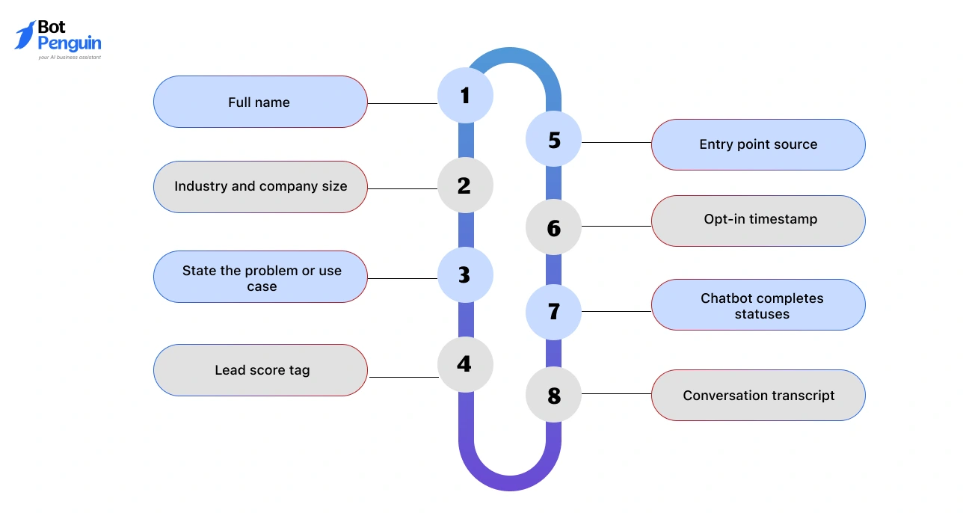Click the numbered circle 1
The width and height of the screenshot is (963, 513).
click(x=465, y=95)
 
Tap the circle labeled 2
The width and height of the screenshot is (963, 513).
click(x=465, y=185)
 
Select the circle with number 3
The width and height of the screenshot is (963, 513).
click(x=465, y=274)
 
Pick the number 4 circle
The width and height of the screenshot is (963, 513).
click(x=465, y=364)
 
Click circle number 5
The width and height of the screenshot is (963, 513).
click(x=553, y=140)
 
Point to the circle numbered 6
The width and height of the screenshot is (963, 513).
click(x=553, y=227)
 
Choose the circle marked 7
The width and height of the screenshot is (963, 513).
click(x=553, y=311)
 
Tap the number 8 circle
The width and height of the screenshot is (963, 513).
click(x=553, y=395)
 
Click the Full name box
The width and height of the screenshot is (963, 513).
click(x=259, y=102)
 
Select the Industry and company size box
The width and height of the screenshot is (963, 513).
click(x=260, y=187)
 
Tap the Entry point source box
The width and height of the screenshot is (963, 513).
click(x=758, y=144)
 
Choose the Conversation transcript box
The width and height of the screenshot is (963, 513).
click(x=758, y=395)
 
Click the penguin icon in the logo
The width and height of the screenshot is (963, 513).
click(x=25, y=35)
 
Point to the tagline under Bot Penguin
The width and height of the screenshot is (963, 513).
click(x=69, y=57)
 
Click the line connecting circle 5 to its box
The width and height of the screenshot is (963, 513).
click(x=616, y=142)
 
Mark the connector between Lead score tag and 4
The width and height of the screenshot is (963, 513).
click(x=403, y=377)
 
